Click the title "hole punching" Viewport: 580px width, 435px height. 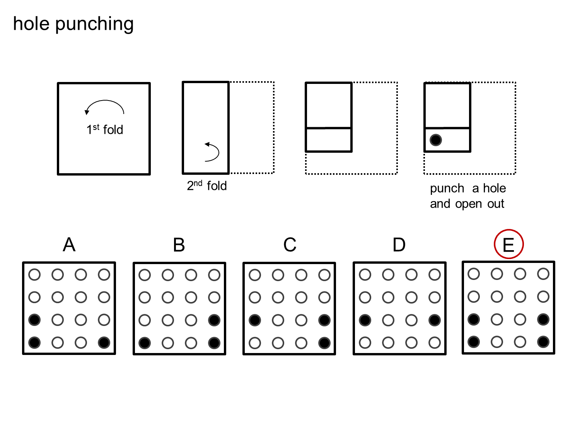[73, 24]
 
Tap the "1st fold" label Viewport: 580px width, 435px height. [105, 130]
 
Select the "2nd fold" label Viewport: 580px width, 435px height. [207, 186]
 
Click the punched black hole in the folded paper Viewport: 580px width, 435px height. [436, 140]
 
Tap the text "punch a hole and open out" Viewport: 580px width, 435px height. [467, 196]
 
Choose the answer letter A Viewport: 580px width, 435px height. [69, 245]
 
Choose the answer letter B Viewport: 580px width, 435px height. [179, 245]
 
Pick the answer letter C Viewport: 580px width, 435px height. [290, 245]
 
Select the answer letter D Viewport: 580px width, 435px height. [399, 245]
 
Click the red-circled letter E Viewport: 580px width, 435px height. [508, 245]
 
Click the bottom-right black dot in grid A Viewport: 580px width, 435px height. [104, 343]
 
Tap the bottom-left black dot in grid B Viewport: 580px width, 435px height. [145, 343]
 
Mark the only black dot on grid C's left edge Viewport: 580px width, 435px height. [255, 320]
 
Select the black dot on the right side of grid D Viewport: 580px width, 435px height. [435, 320]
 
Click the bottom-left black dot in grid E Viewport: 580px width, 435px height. [474, 342]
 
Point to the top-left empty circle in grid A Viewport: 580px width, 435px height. [34, 275]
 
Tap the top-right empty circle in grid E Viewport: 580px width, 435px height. [543, 274]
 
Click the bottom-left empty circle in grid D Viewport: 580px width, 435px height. [365, 343]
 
